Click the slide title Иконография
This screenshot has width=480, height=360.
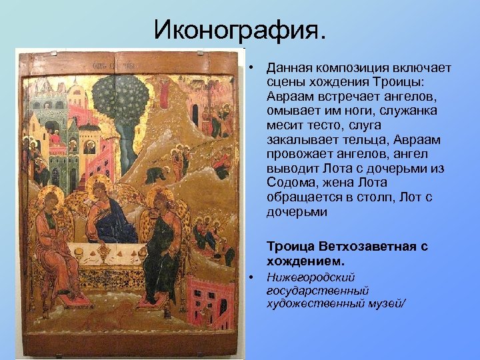(x=241, y=29)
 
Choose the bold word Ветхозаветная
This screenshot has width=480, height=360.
(x=359, y=247)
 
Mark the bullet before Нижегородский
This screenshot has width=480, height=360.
(x=252, y=277)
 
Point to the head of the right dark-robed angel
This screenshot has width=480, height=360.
(x=159, y=200)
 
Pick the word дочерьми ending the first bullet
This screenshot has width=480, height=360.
(x=297, y=213)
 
